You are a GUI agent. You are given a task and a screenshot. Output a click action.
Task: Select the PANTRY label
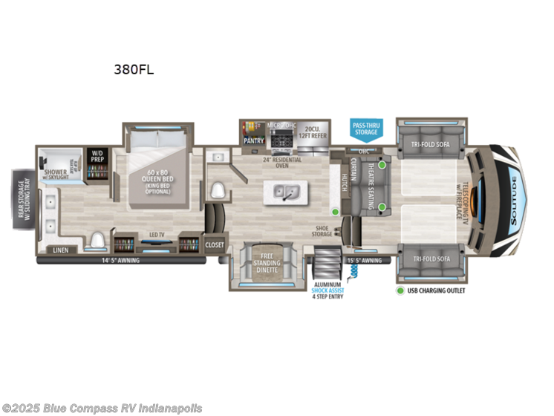(x=255, y=138)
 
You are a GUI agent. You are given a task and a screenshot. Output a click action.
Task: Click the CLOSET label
(x=215, y=244)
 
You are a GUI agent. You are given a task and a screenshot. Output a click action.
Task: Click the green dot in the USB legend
(x=400, y=290)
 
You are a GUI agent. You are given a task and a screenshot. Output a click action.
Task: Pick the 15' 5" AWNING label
(x=364, y=260)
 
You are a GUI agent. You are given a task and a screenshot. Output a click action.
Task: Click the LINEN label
(x=61, y=250)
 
